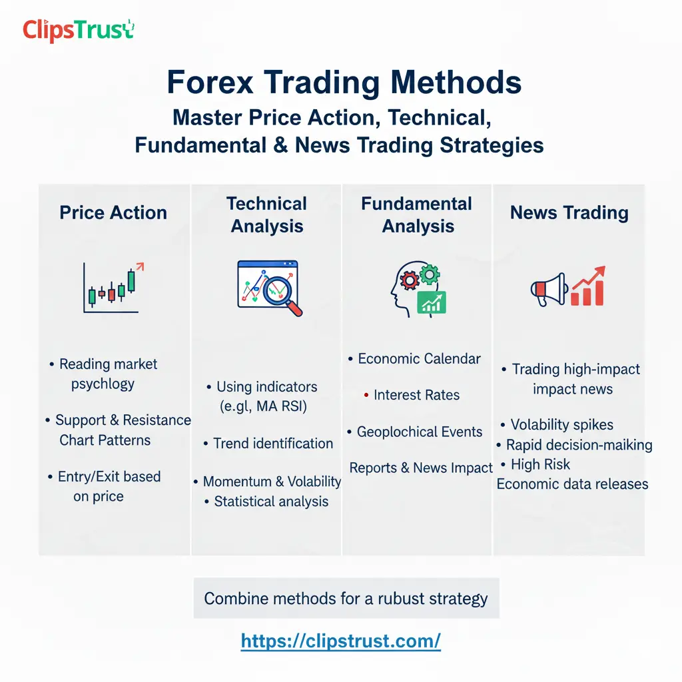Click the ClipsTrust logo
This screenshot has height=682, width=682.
click(x=78, y=30)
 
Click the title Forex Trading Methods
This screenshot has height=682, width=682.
click(x=344, y=83)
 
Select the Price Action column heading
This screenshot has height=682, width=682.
click(x=113, y=212)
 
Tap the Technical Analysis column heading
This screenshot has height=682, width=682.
click(x=266, y=214)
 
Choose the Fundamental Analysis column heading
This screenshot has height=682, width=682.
click(x=417, y=214)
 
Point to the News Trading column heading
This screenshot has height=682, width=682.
click(x=569, y=212)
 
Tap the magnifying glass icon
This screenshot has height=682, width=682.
click(x=282, y=294)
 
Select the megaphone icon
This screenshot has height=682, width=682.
click(x=547, y=289)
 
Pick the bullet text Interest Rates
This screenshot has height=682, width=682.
click(x=416, y=395)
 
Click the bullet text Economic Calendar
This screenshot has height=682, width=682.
click(x=419, y=359)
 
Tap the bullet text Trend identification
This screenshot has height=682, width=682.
click(x=272, y=444)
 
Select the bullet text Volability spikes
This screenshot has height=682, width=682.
click(x=561, y=425)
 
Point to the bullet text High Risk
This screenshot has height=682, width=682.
click(x=540, y=464)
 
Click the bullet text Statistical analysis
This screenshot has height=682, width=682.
click(x=270, y=502)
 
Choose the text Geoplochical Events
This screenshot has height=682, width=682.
click(x=419, y=432)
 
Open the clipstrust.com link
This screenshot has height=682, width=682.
click(x=340, y=641)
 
